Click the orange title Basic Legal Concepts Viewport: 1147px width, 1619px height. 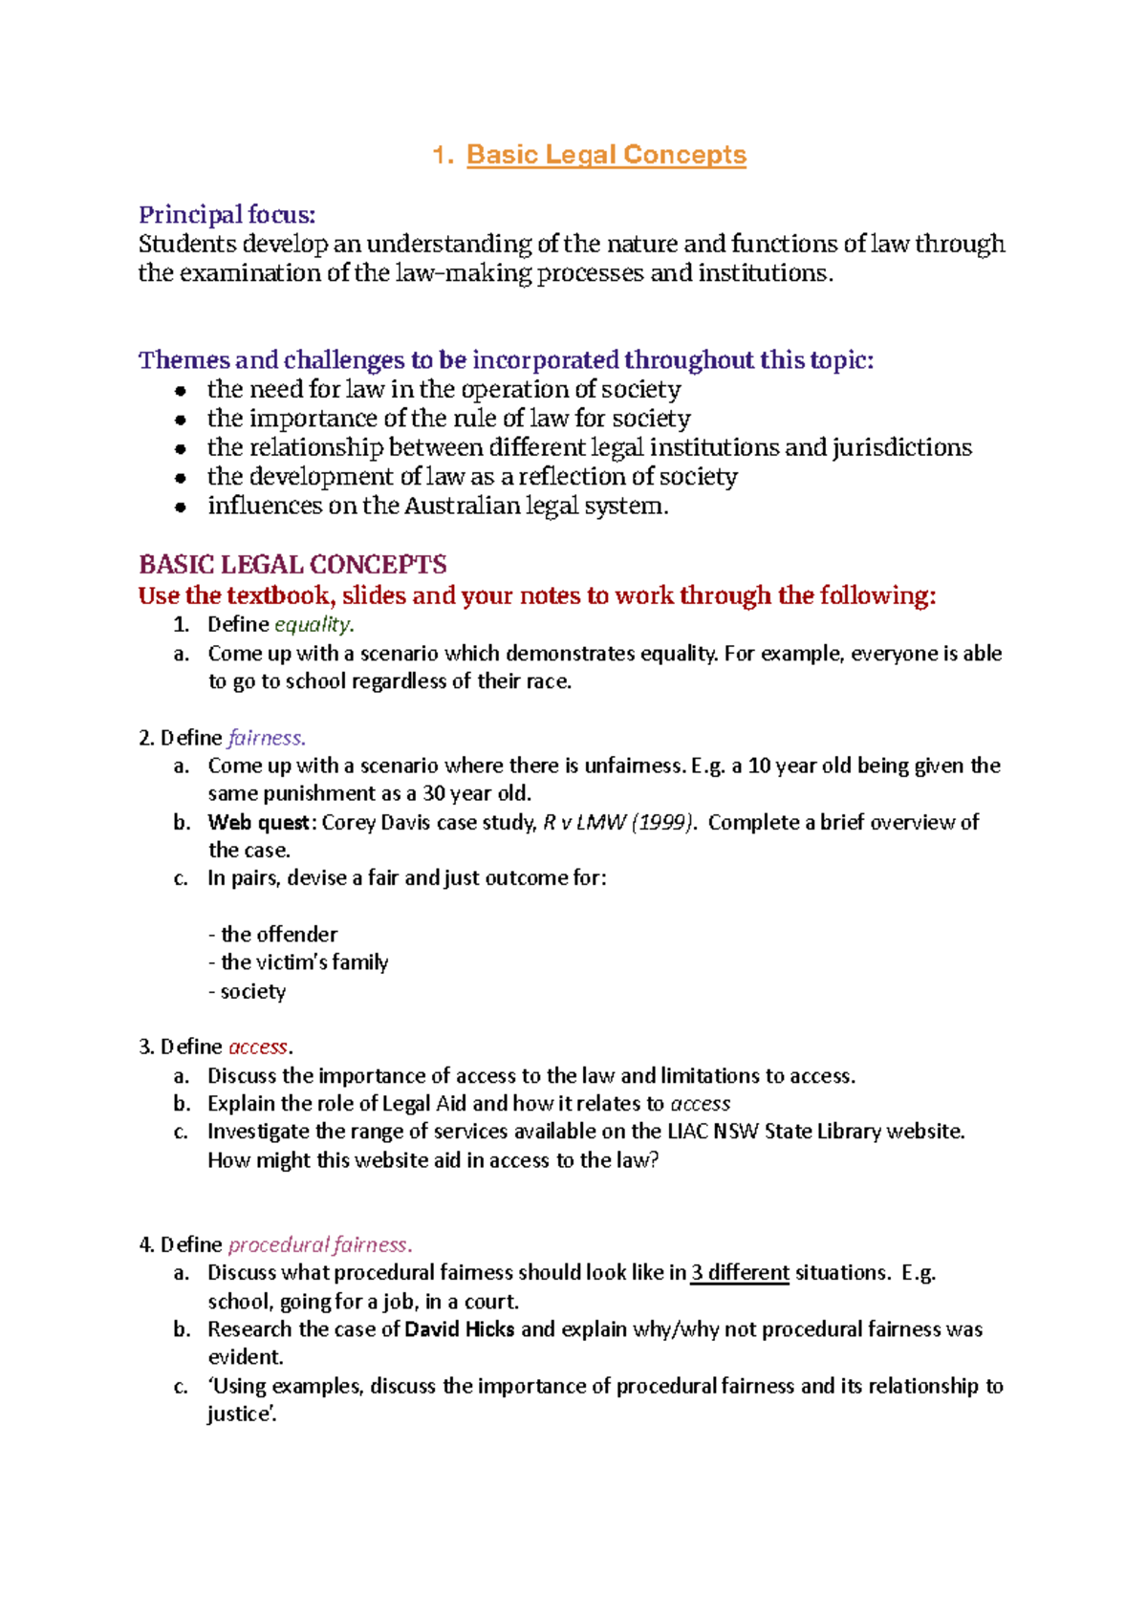pyautogui.click(x=605, y=155)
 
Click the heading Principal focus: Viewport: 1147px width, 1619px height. pyautogui.click(x=227, y=214)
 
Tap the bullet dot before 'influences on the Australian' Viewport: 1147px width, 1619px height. pyautogui.click(x=180, y=507)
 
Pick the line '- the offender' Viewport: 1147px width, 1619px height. pyautogui.click(x=273, y=935)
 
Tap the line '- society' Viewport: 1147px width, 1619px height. pyautogui.click(x=248, y=991)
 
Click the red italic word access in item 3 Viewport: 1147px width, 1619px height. pyautogui.click(x=258, y=1047)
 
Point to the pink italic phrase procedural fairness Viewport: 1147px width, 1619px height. pyautogui.click(x=318, y=1245)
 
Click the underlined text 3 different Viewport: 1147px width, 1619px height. pyautogui.click(x=740, y=1273)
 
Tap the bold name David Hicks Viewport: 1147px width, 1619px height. pyautogui.click(x=460, y=1329)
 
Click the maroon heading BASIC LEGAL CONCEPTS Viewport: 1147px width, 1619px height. pyautogui.click(x=292, y=565)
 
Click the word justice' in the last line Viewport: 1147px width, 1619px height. pyautogui.click(x=242, y=1414)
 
